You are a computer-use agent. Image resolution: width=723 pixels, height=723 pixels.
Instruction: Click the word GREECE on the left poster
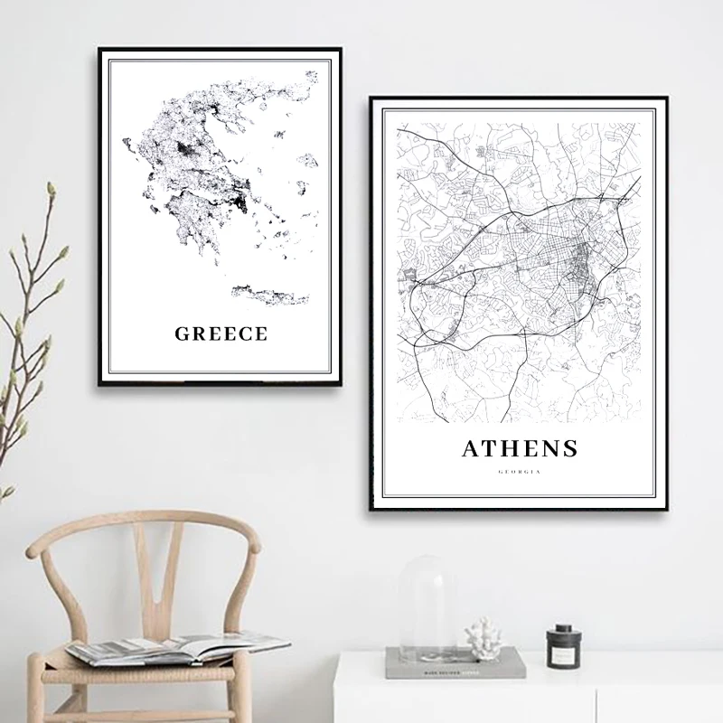coord(221,333)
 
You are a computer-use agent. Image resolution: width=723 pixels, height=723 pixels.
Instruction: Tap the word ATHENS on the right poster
coord(519,447)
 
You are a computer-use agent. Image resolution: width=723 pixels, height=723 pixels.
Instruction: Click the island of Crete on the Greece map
coord(269,294)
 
